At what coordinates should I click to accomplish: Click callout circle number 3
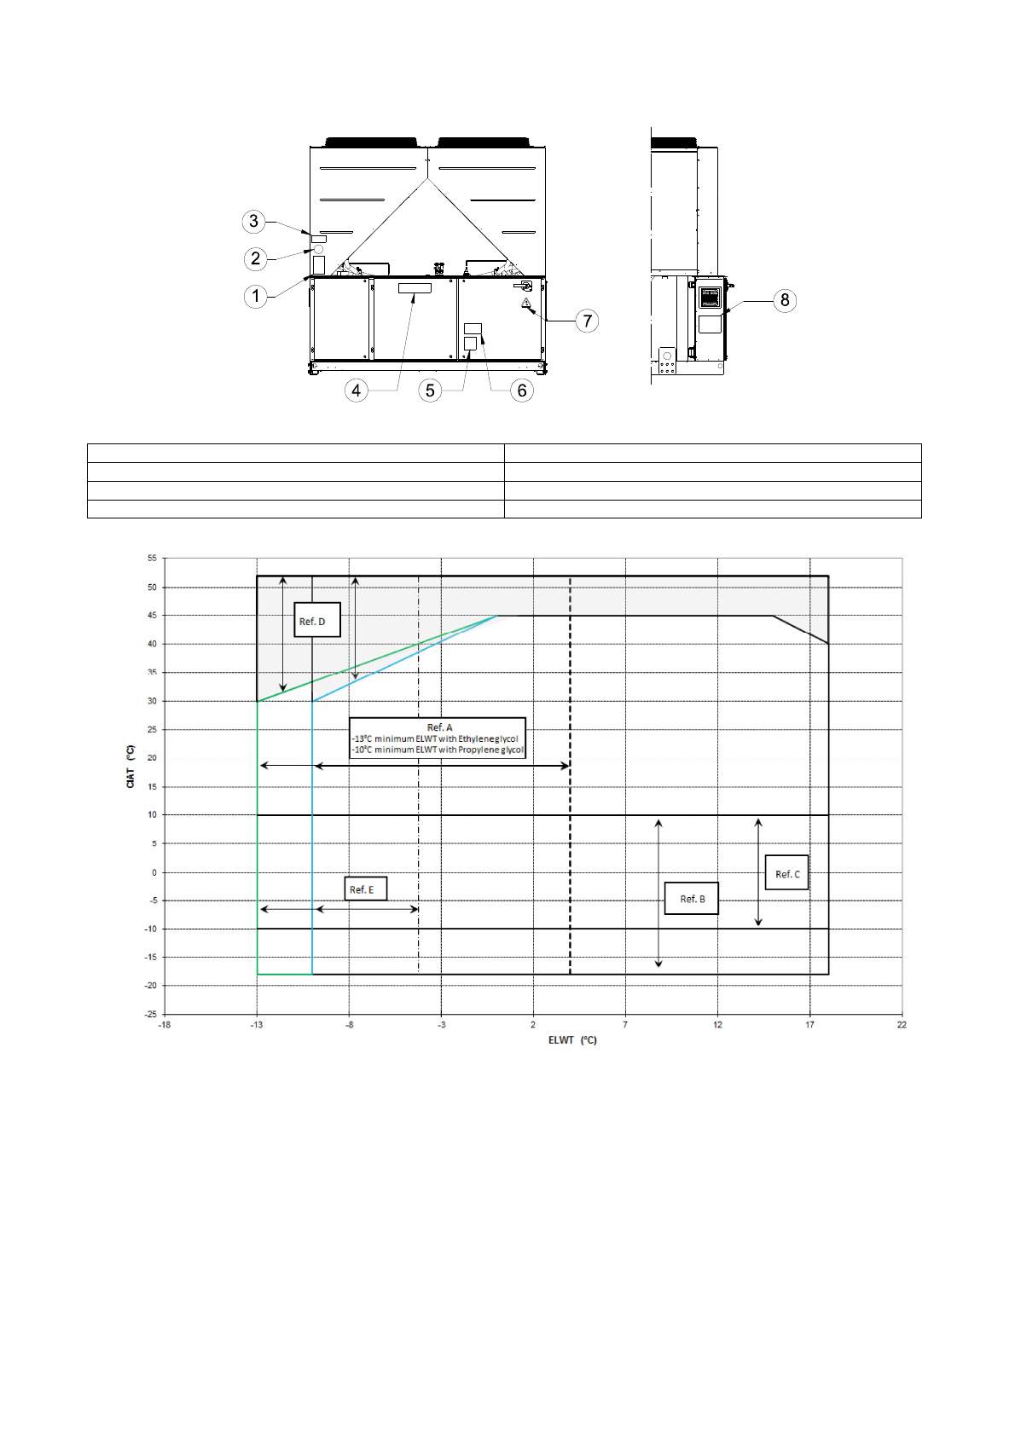tap(254, 221)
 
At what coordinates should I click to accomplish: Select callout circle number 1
tap(256, 296)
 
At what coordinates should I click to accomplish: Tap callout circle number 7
tap(587, 321)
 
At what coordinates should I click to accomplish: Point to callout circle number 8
tap(785, 300)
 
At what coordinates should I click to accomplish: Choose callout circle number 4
tap(356, 390)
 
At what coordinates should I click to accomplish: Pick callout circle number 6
tap(522, 391)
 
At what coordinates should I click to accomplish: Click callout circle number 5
tap(430, 391)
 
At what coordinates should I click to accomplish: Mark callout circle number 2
tap(256, 258)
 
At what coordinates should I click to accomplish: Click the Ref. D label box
tap(316, 619)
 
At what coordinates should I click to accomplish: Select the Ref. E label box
tap(365, 889)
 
